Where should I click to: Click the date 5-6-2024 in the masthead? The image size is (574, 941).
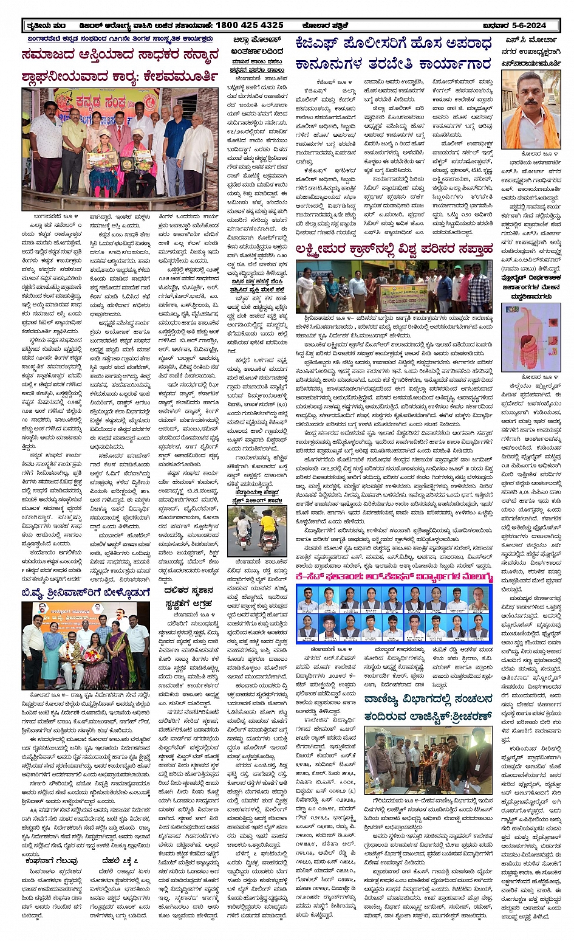(522, 25)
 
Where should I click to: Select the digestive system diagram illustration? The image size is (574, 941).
(522, 337)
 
